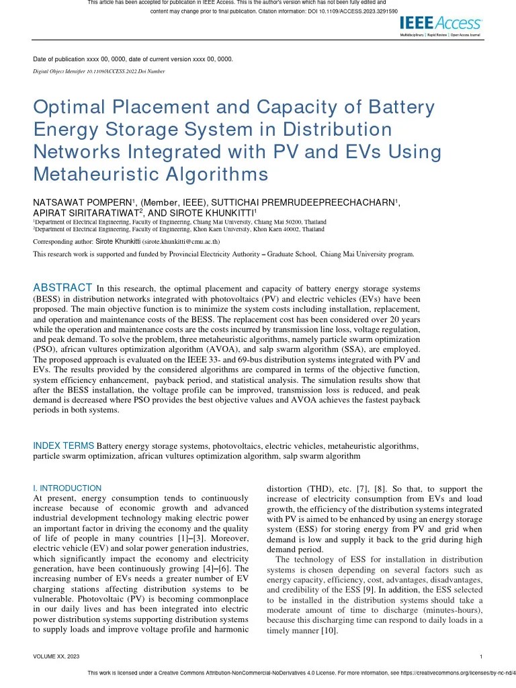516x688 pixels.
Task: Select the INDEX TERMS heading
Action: click(64, 445)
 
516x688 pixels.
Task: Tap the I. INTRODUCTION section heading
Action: click(67, 488)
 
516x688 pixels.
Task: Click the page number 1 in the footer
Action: click(482, 656)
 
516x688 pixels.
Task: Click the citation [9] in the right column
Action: click(368, 589)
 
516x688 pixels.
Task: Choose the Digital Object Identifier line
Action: click(99, 71)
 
